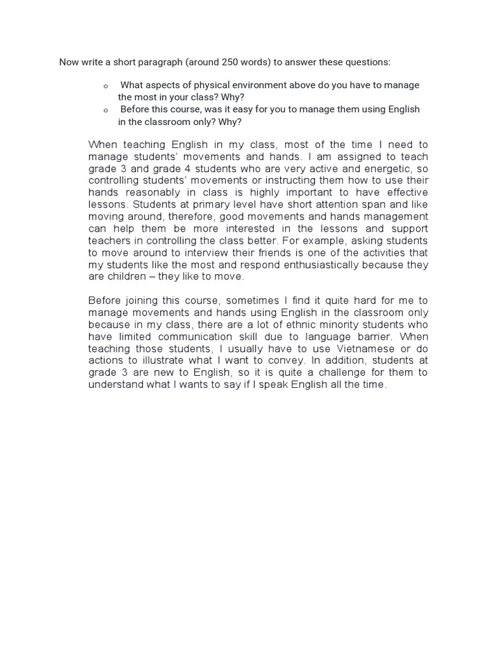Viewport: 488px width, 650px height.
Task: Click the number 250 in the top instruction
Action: (231, 62)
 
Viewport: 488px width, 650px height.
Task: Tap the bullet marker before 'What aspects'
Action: (106, 86)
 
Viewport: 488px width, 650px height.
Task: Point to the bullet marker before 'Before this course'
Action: (106, 110)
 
